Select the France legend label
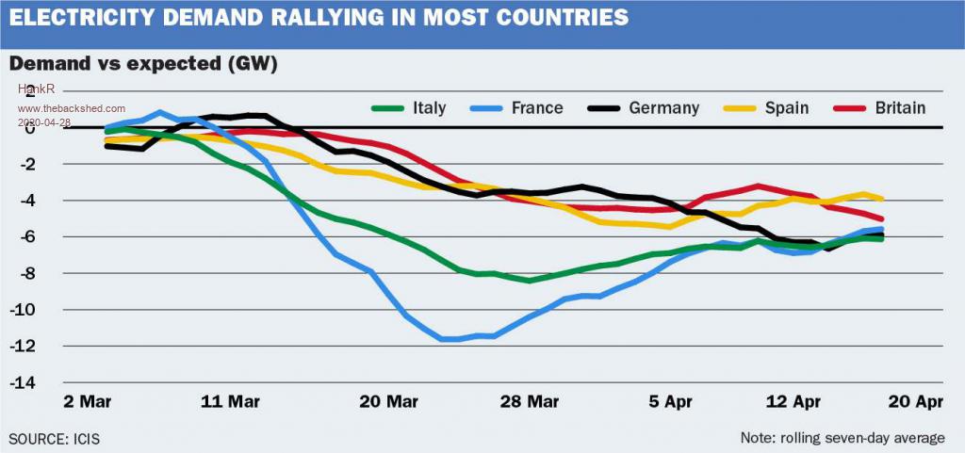pos(536,107)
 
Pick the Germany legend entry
pos(664,107)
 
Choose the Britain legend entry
pos(900,107)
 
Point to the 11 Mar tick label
pos(230,400)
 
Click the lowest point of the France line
pos(450,339)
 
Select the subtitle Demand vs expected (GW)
pos(143,63)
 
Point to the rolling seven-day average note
pos(842,438)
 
